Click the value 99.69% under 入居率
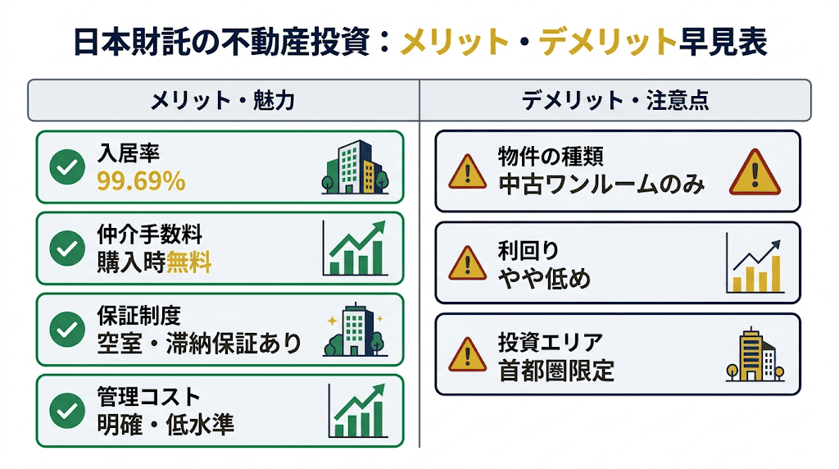141,181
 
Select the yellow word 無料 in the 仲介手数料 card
189,262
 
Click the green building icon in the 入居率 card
350,167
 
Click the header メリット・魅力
222,101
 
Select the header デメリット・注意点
615,101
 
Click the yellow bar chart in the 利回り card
755,264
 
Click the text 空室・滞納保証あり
199,343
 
